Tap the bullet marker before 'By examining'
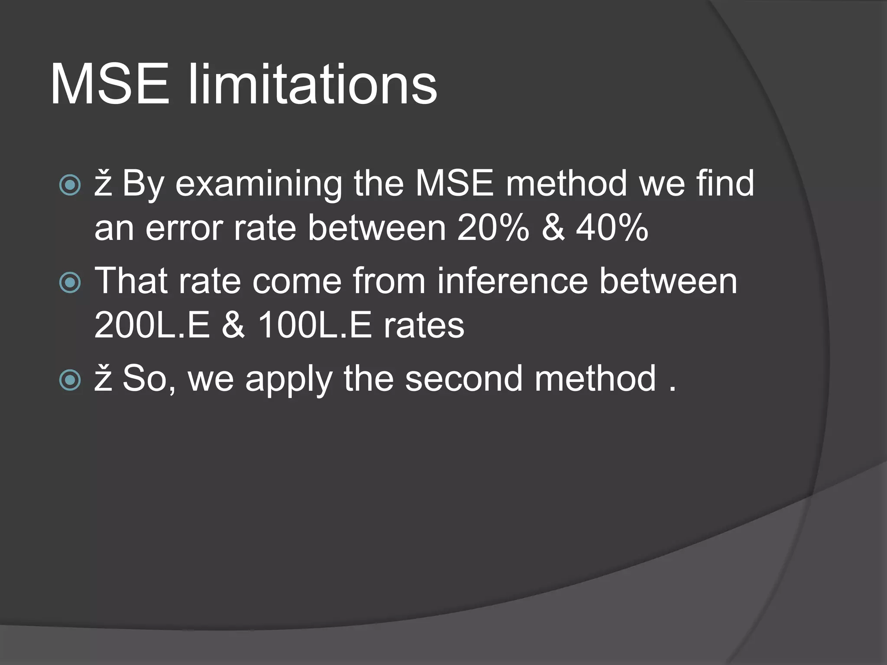[x=70, y=185]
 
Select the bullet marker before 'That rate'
[x=70, y=283]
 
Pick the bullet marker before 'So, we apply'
[x=70, y=381]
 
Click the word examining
[x=259, y=184]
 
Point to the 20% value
[x=493, y=228]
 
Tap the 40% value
[x=612, y=228]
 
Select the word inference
[x=512, y=281]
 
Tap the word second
[x=464, y=379]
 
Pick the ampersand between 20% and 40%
[x=553, y=228]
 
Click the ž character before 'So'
[x=103, y=379]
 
